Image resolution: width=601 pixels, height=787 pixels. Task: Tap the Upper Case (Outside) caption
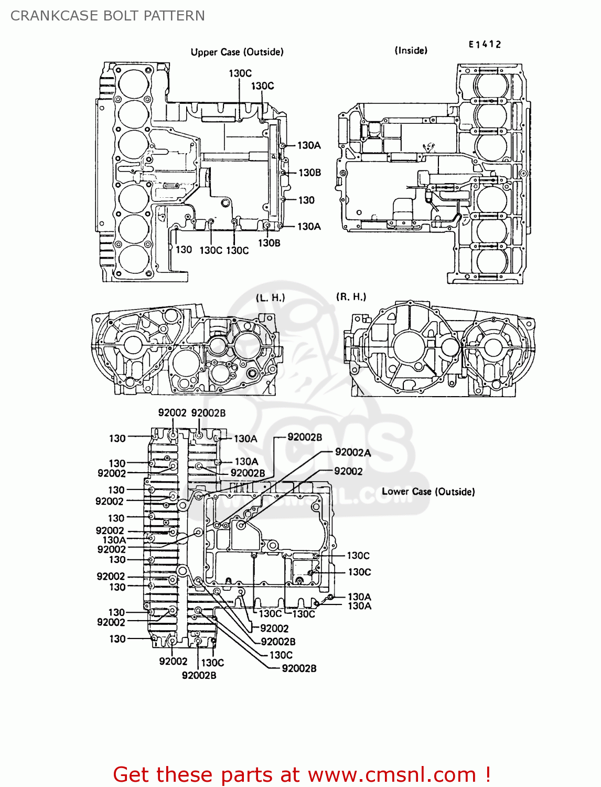[237, 52]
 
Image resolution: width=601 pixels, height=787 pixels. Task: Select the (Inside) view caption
[411, 50]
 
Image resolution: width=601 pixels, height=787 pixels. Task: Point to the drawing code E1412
[485, 45]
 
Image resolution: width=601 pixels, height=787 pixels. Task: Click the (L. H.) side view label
[271, 297]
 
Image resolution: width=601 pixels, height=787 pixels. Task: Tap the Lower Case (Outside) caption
[428, 492]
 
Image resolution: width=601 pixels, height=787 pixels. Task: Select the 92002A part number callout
[353, 452]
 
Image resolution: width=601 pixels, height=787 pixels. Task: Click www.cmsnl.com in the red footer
[392, 774]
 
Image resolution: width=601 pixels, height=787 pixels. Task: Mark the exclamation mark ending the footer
[488, 774]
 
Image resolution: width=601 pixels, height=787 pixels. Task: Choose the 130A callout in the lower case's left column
[114, 540]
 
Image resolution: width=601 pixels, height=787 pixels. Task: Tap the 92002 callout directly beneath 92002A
[348, 471]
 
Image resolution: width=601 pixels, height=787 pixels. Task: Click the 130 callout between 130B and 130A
[306, 200]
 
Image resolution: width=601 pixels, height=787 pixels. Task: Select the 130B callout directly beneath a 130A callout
[309, 173]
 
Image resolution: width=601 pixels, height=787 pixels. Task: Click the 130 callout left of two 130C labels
[184, 250]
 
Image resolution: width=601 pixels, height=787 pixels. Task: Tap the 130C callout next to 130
[211, 250]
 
